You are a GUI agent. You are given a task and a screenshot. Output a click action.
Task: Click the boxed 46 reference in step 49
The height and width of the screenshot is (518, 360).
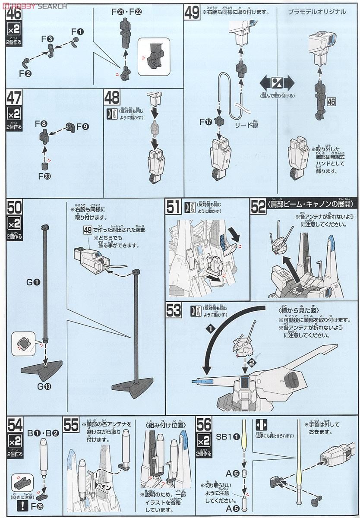tap(331, 102)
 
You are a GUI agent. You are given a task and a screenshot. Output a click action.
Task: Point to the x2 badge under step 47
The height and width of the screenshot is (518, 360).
tap(14, 114)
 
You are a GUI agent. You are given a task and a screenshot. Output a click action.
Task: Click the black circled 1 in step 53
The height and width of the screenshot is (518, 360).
tap(210, 329)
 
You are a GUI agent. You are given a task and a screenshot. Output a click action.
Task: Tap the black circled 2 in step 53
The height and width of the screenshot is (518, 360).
tap(252, 363)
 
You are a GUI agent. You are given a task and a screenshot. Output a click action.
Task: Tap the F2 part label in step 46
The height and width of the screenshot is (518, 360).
tap(25, 73)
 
